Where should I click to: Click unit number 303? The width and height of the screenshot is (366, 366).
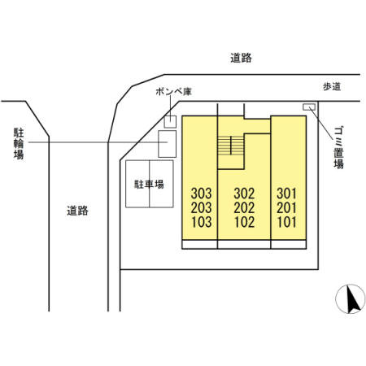[x=201, y=194]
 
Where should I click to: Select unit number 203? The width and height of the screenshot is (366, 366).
[x=201, y=208]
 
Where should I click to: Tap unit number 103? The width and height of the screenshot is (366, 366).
[x=201, y=222]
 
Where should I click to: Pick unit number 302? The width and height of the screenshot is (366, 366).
[x=244, y=194]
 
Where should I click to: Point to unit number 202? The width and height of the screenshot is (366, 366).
[x=244, y=208]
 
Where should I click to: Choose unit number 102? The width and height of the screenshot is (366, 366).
[x=244, y=222]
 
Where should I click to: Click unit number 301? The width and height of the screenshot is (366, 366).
[x=286, y=194]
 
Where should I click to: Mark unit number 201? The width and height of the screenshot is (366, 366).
[x=286, y=208]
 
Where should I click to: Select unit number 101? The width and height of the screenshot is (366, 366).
[x=286, y=222]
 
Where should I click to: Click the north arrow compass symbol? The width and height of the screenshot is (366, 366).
[x=351, y=299]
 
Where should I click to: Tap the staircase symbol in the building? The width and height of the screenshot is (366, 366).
[x=231, y=145]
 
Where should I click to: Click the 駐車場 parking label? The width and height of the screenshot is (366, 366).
[x=150, y=185]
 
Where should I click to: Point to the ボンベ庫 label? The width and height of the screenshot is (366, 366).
[x=174, y=92]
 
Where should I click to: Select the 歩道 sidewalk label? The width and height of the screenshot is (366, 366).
[x=332, y=87]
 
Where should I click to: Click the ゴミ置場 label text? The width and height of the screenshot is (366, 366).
[x=338, y=148]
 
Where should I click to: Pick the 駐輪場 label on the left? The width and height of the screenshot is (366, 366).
[x=19, y=143]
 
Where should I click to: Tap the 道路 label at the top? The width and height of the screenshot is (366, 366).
[x=241, y=58]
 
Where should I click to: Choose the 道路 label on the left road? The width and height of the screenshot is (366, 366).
[x=78, y=211]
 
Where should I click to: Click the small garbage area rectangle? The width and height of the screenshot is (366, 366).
[x=309, y=107]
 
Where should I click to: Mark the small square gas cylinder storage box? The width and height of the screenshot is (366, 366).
[x=170, y=122]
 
